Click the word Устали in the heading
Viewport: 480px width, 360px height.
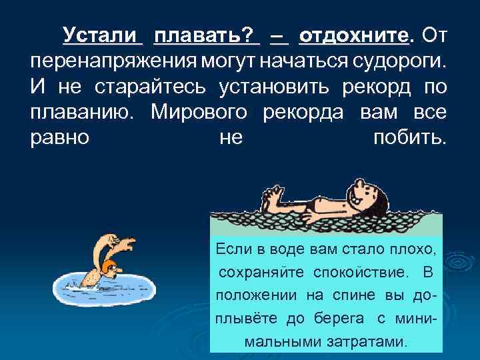102,34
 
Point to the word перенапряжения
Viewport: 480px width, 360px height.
113,61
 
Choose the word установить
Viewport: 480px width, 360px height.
286,88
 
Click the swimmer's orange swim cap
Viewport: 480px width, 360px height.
109,267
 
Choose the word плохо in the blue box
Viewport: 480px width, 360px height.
414,249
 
